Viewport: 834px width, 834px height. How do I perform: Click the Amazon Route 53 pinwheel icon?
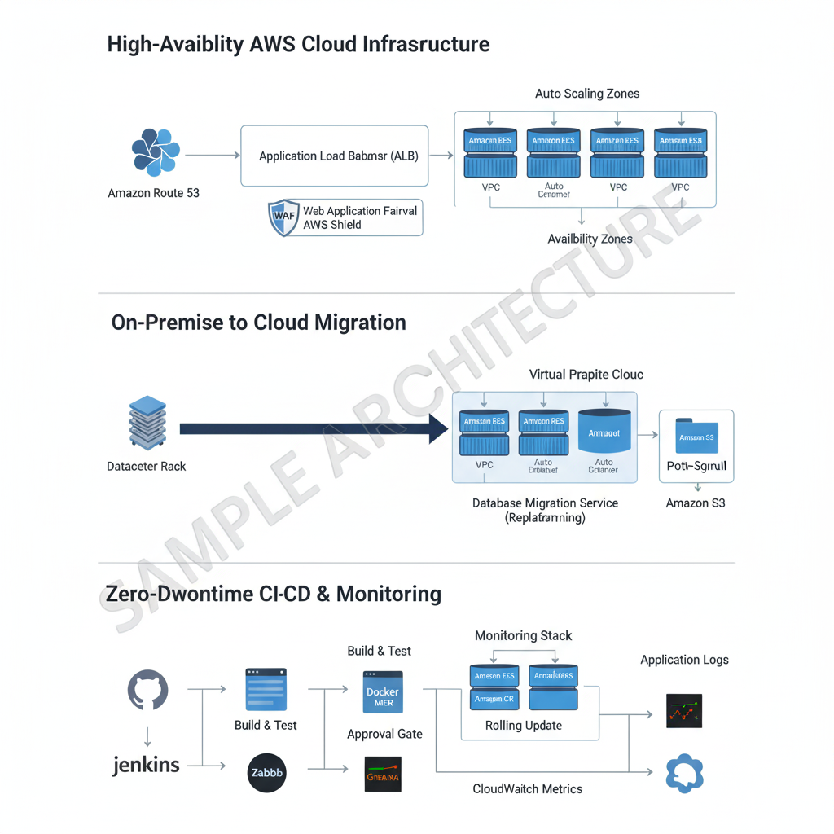click(x=155, y=152)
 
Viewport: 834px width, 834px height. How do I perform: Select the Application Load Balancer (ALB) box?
click(x=334, y=156)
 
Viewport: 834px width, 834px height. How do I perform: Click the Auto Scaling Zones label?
click(x=586, y=94)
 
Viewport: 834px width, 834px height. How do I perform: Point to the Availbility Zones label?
click(x=590, y=239)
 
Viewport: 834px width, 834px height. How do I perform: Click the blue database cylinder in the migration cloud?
click(x=604, y=431)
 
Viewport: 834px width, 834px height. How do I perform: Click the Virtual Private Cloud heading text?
click(x=586, y=375)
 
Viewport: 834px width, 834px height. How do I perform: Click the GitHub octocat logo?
click(x=147, y=691)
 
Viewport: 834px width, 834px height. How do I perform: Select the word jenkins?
click(x=147, y=765)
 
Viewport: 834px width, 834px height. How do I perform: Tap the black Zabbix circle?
click(x=266, y=774)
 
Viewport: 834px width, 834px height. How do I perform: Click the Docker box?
click(x=383, y=691)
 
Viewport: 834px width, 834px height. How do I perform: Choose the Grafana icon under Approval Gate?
click(x=381, y=775)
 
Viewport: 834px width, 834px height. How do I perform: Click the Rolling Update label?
click(x=523, y=726)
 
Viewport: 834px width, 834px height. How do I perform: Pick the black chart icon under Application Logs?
click(x=683, y=710)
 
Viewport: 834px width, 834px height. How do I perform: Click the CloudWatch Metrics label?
click(x=527, y=788)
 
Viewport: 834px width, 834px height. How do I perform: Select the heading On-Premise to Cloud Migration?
click(x=258, y=323)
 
